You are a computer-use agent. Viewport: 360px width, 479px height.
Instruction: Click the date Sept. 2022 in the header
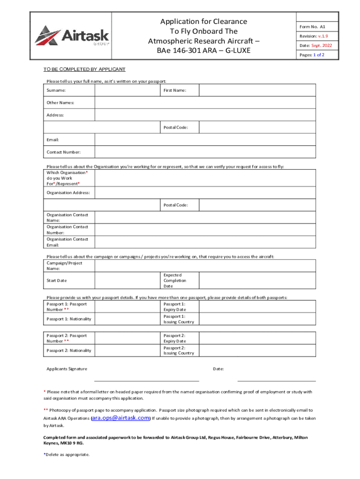[x=322, y=45]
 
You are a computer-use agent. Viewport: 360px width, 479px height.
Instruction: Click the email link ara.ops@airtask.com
[x=121, y=418]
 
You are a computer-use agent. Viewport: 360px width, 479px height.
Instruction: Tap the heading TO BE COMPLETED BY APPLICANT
[x=85, y=69]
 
